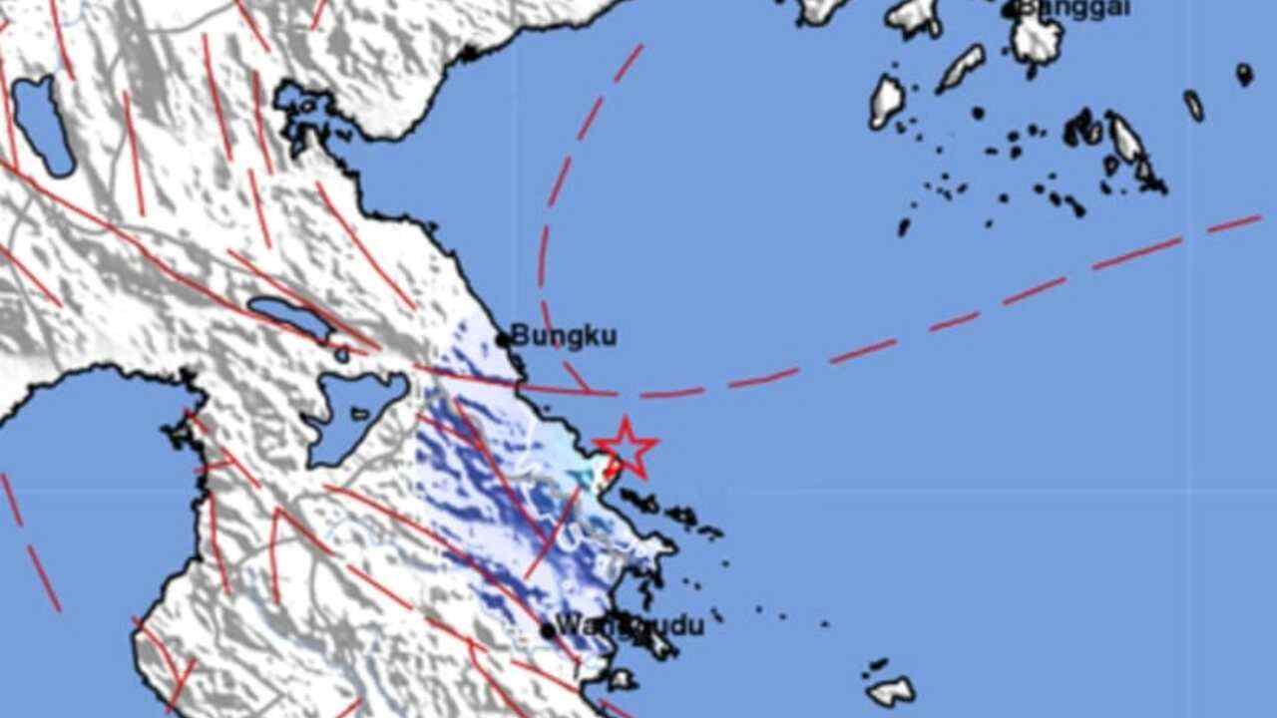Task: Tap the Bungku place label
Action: pyautogui.click(x=564, y=335)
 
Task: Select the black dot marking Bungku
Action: pyautogui.click(x=503, y=340)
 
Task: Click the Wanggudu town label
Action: pyautogui.click(x=630, y=626)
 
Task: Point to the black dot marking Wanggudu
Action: pyautogui.click(x=548, y=630)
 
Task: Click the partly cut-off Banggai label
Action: pyautogui.click(x=1073, y=8)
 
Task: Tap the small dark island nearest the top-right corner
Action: pyautogui.click(x=1244, y=74)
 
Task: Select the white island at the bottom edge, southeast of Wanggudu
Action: pyautogui.click(x=891, y=690)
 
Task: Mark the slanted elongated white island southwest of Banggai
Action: pyautogui.click(x=961, y=67)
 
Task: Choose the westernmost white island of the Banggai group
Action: pyautogui.click(x=886, y=100)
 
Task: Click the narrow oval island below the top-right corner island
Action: pyautogui.click(x=1194, y=105)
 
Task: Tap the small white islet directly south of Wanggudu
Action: pyautogui.click(x=621, y=680)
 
